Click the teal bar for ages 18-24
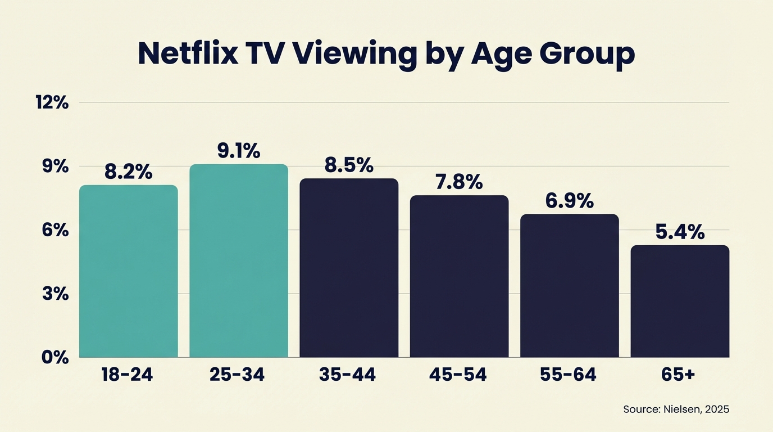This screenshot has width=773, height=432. [128, 271]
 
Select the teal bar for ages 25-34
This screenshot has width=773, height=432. [238, 261]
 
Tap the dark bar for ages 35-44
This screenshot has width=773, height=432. [349, 268]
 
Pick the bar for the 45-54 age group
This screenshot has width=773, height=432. [459, 276]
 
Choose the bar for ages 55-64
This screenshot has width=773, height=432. [569, 286]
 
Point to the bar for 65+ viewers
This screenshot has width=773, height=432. [680, 301]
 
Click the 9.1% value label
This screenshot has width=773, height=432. [239, 151]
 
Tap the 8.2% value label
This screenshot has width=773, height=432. [128, 172]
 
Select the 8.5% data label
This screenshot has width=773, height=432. [349, 165]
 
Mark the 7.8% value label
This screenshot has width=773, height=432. [459, 182]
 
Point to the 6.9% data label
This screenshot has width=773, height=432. [569, 201]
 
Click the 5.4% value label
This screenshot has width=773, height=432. [680, 232]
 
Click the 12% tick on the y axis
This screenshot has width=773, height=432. [52, 102]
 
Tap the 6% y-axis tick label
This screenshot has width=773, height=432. [55, 230]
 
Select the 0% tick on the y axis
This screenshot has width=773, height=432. [55, 357]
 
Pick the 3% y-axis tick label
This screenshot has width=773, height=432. [55, 294]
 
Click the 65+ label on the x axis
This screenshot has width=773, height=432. [680, 375]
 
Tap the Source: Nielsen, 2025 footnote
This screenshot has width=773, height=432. [676, 409]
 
